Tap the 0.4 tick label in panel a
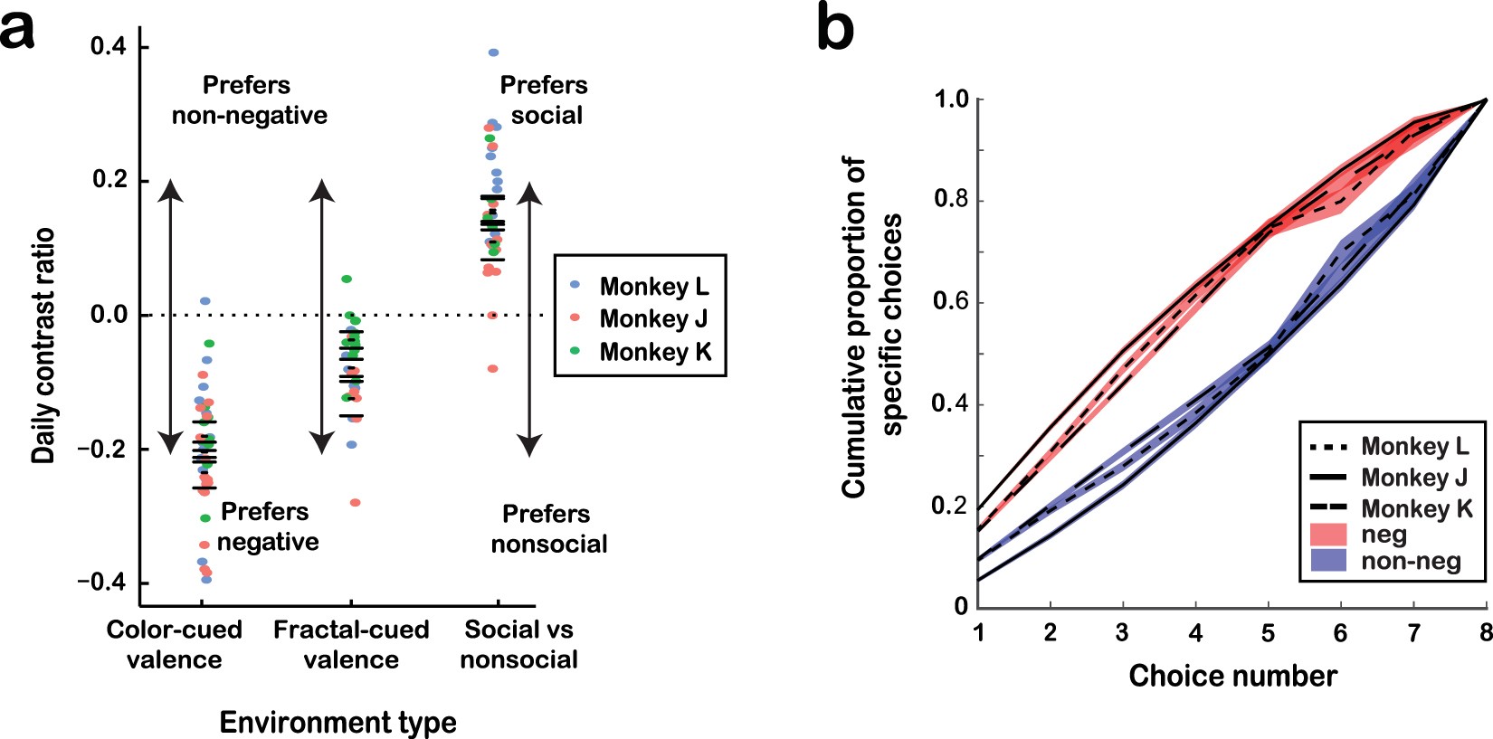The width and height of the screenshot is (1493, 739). point(108,46)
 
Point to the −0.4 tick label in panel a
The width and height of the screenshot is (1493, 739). point(100,582)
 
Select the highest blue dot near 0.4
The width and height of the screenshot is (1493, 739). point(493,52)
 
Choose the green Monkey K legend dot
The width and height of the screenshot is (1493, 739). point(575,351)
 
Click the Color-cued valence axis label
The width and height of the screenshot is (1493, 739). point(174,644)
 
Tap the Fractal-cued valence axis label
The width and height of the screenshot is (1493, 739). point(351,644)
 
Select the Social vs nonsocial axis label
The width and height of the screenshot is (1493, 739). point(518,644)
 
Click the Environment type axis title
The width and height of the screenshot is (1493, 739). point(338,722)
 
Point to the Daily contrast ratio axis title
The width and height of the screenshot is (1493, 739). point(43,346)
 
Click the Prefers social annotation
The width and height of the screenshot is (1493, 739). point(545,99)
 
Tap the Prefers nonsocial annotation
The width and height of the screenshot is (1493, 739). point(547,528)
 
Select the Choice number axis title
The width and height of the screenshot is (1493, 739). point(1232,676)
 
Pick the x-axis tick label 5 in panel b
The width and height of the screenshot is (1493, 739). point(1268,632)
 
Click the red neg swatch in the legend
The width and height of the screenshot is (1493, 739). point(1329,535)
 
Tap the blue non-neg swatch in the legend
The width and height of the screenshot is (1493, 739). point(1329,561)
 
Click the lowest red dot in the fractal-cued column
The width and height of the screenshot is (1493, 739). point(355,502)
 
